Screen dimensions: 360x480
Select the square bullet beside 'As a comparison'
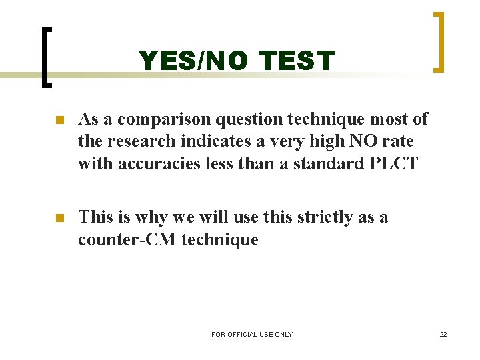tap(59, 121)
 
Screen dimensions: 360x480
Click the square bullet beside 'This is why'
tap(59, 218)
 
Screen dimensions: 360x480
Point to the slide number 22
tap(443, 334)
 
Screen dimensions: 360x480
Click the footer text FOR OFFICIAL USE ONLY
tap(252, 334)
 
